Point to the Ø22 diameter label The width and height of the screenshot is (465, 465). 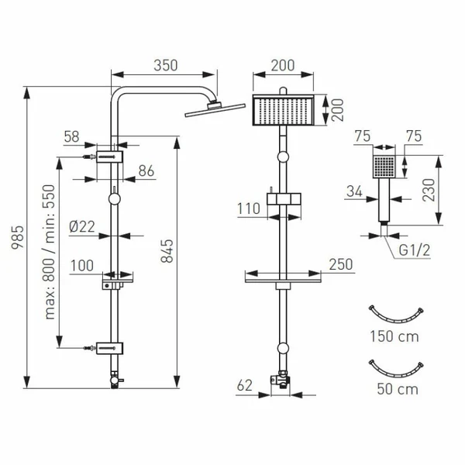click(x=81, y=226)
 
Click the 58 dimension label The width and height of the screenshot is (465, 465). click(x=71, y=137)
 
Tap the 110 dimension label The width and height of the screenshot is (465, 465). click(x=249, y=208)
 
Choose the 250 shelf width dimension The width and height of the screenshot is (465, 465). click(x=336, y=265)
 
